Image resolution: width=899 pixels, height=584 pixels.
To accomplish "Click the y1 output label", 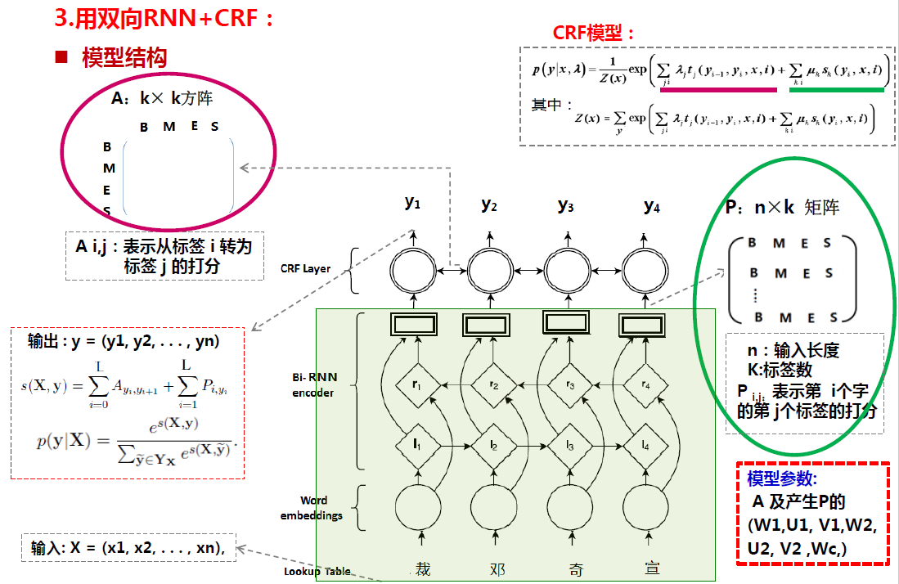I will pos(412,203).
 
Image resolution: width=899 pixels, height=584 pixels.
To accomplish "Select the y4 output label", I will pos(651,205).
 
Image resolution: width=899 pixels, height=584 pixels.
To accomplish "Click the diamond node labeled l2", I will pos(494,445).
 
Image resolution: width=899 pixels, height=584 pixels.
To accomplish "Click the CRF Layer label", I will pos(305,268).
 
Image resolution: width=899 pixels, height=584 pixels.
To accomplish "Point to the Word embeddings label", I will pos(311,507).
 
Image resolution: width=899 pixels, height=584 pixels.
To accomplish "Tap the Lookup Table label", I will pos(317,572).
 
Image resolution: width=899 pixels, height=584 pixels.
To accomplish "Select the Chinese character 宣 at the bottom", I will pos(652,568).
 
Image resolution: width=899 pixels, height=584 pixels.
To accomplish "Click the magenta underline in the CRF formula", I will pos(718,89).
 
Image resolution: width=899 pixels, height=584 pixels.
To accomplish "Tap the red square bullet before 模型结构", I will pos(61,57).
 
